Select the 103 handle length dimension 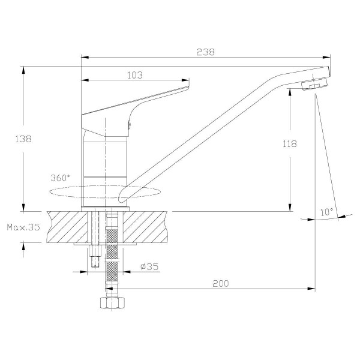point(135,75)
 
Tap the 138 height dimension point(23,139)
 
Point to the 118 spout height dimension point(289,144)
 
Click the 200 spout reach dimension point(222,283)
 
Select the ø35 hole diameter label point(149,267)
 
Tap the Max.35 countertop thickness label point(22,227)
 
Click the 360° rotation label point(61,178)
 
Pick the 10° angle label point(326,212)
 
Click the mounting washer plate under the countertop point(102,244)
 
